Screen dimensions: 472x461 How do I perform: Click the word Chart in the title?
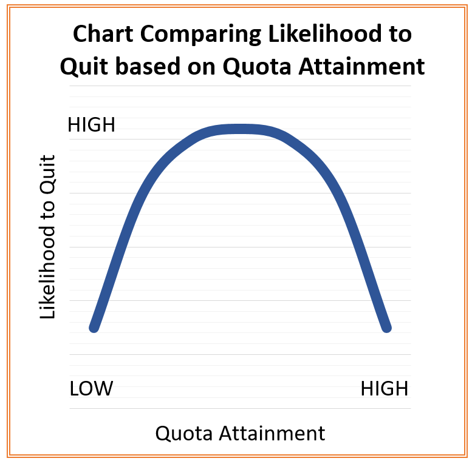103,33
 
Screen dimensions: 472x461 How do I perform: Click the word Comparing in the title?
200,35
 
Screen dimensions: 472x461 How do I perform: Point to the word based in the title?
148,66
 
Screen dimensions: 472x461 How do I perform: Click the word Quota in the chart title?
257,66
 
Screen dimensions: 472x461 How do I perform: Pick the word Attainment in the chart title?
361,66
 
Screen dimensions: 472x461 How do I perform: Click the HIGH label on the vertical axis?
91,125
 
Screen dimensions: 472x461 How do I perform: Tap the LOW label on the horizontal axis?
91,388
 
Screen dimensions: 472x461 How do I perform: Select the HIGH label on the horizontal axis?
385,389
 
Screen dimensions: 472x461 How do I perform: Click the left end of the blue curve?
94,328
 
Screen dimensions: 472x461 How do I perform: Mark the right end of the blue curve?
387,328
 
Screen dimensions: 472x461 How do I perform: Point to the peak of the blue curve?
240,129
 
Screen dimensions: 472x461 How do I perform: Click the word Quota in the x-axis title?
184,433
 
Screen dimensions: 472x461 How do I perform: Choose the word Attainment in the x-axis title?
272,433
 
